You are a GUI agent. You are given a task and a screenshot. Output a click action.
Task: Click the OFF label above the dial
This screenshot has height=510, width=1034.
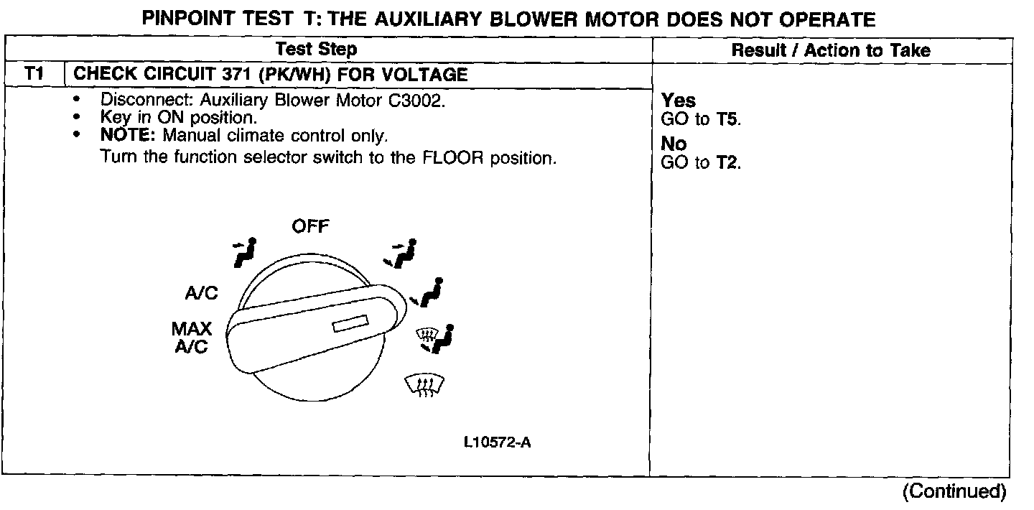click(x=310, y=227)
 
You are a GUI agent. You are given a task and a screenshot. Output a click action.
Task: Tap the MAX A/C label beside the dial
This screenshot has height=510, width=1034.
click(x=192, y=338)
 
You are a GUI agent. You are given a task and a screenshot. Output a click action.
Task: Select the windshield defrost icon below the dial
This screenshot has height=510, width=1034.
click(x=426, y=387)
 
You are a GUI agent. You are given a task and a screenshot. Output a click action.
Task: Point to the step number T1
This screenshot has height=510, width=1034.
click(x=34, y=74)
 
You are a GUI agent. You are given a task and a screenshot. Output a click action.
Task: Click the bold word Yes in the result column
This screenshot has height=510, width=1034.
click(x=679, y=101)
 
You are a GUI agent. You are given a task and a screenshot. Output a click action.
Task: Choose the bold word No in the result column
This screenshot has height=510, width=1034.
click(x=674, y=144)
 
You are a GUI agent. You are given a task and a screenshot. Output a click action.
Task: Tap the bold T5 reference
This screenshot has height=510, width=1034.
click(x=727, y=119)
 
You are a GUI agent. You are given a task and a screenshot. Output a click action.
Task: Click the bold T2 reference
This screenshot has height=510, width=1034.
click(x=727, y=162)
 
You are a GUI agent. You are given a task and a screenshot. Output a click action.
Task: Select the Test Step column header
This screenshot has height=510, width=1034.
click(x=317, y=50)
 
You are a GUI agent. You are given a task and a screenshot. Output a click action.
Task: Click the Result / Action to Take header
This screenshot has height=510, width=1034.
click(x=831, y=50)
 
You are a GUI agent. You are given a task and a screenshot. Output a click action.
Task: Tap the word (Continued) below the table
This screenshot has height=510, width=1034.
click(x=954, y=491)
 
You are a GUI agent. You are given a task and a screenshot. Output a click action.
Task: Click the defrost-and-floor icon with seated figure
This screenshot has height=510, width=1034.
click(x=436, y=338)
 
